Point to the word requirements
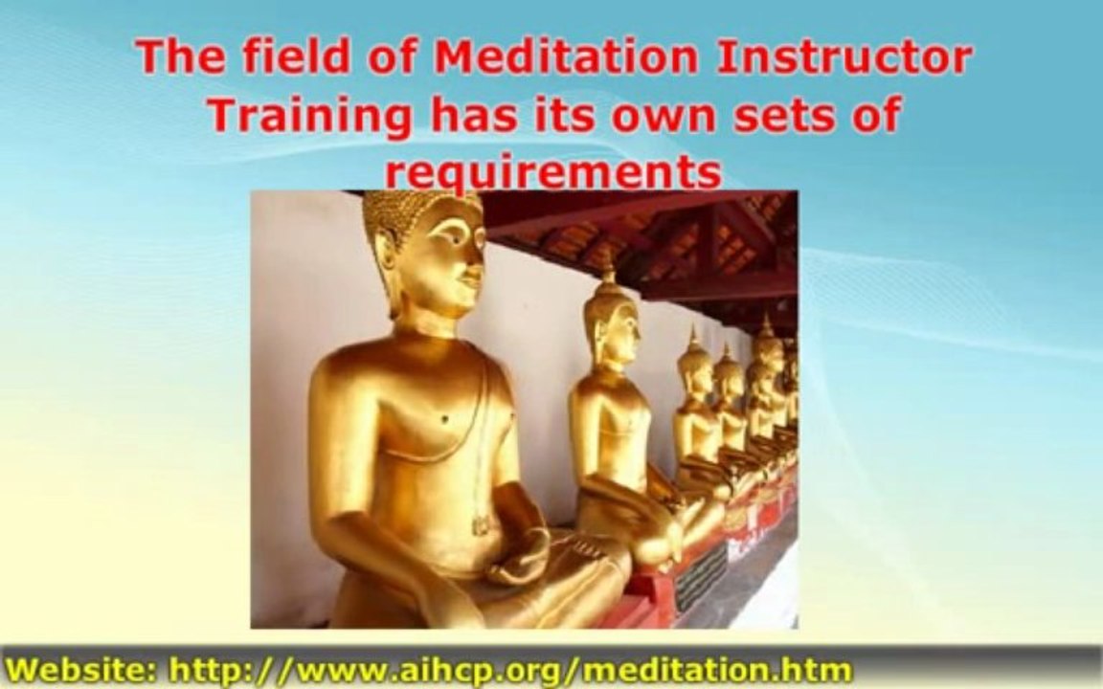(552, 173)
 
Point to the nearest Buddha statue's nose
(476, 256)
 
